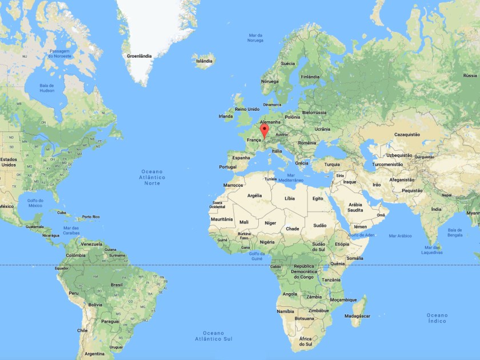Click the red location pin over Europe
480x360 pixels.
click(x=265, y=131)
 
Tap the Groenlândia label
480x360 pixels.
click(x=139, y=56)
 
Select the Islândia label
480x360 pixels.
click(x=204, y=61)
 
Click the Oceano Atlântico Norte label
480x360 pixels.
click(x=152, y=177)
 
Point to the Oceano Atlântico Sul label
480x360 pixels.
click(x=213, y=336)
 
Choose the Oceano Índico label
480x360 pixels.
click(x=437, y=319)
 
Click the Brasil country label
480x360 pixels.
click(x=117, y=284)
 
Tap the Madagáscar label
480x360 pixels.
click(x=358, y=316)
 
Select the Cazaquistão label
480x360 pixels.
click(x=407, y=135)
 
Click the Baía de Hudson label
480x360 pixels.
click(x=47, y=88)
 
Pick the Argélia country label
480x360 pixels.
click(x=254, y=195)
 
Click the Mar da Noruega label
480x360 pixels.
click(x=255, y=38)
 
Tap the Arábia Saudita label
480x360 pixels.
click(x=355, y=207)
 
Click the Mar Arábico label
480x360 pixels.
click(x=400, y=235)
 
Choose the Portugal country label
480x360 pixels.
click(x=227, y=167)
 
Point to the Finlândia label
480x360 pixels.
click(x=310, y=77)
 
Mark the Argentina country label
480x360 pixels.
click(x=94, y=354)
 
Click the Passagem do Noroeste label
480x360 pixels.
click(x=59, y=53)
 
